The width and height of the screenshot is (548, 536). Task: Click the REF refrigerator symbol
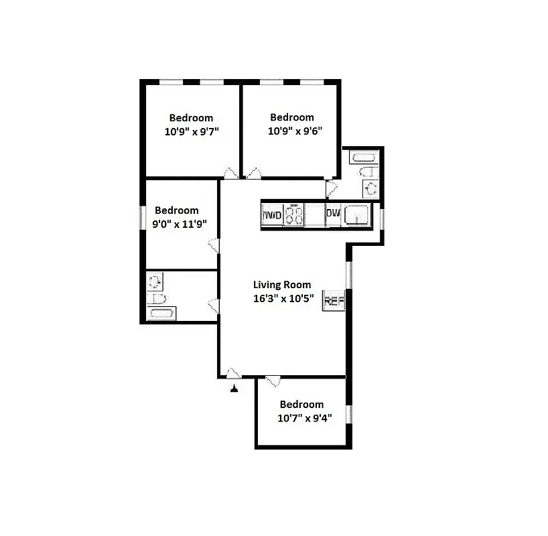(x=333, y=301)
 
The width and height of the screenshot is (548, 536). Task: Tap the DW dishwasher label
(x=333, y=214)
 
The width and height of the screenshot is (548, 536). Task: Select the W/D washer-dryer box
(x=272, y=216)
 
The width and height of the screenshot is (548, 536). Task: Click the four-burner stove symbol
(x=294, y=216)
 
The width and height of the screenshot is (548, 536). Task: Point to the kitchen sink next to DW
(x=357, y=216)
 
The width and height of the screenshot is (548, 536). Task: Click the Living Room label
(x=281, y=284)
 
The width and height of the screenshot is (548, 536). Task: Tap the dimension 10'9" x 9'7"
(x=191, y=131)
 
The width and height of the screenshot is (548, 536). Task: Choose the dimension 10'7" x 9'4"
(x=301, y=418)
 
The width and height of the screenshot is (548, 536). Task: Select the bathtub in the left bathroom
(x=162, y=314)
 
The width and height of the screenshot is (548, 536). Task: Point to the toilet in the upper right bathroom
(x=368, y=188)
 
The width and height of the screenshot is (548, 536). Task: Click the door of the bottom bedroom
(x=273, y=381)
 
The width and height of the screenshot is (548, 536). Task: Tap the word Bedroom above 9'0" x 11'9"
(x=177, y=210)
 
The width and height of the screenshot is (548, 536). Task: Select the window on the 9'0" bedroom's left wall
(x=142, y=218)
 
